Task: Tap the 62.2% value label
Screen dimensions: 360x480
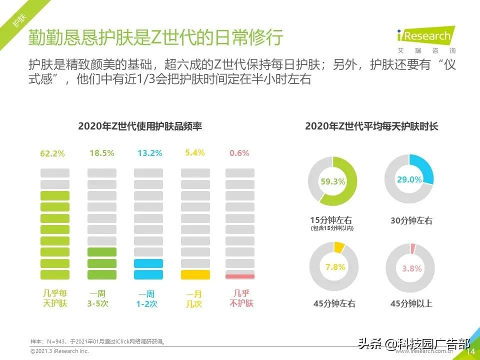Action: [52, 154]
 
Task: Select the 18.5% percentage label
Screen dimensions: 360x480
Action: [102, 153]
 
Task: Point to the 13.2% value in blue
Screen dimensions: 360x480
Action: [150, 153]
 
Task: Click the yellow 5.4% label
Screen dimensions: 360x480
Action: [195, 153]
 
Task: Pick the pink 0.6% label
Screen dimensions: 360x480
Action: [239, 153]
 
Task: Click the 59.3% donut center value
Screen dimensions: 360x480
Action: [333, 182]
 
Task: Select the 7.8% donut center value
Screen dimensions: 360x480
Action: [335, 267]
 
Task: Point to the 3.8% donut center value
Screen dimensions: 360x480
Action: [411, 268]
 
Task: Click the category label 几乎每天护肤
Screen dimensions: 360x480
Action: [54, 298]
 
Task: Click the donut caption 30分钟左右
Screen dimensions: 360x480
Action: [411, 220]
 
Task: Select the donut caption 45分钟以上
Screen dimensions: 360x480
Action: [411, 303]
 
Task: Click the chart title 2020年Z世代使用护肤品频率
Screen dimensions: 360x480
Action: [140, 126]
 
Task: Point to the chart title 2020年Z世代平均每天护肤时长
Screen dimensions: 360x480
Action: [371, 126]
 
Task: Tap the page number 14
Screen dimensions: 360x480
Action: [470, 352]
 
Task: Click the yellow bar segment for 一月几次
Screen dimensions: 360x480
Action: [195, 274]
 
